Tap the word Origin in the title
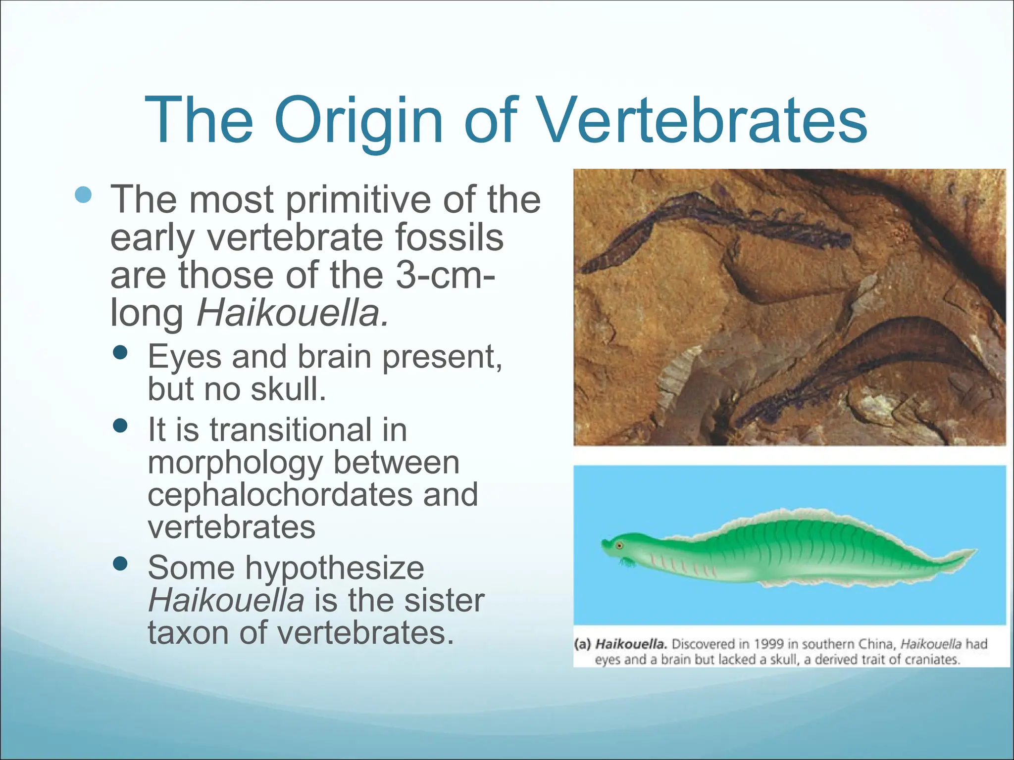pos(358,121)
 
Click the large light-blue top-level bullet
pos(84,194)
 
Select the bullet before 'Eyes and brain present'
pos(120,353)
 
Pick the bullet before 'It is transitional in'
pos(120,426)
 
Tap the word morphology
pos(235,463)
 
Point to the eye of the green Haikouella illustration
pos(619,546)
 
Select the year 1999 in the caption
pos(769,644)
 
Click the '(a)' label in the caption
pos(583,644)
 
